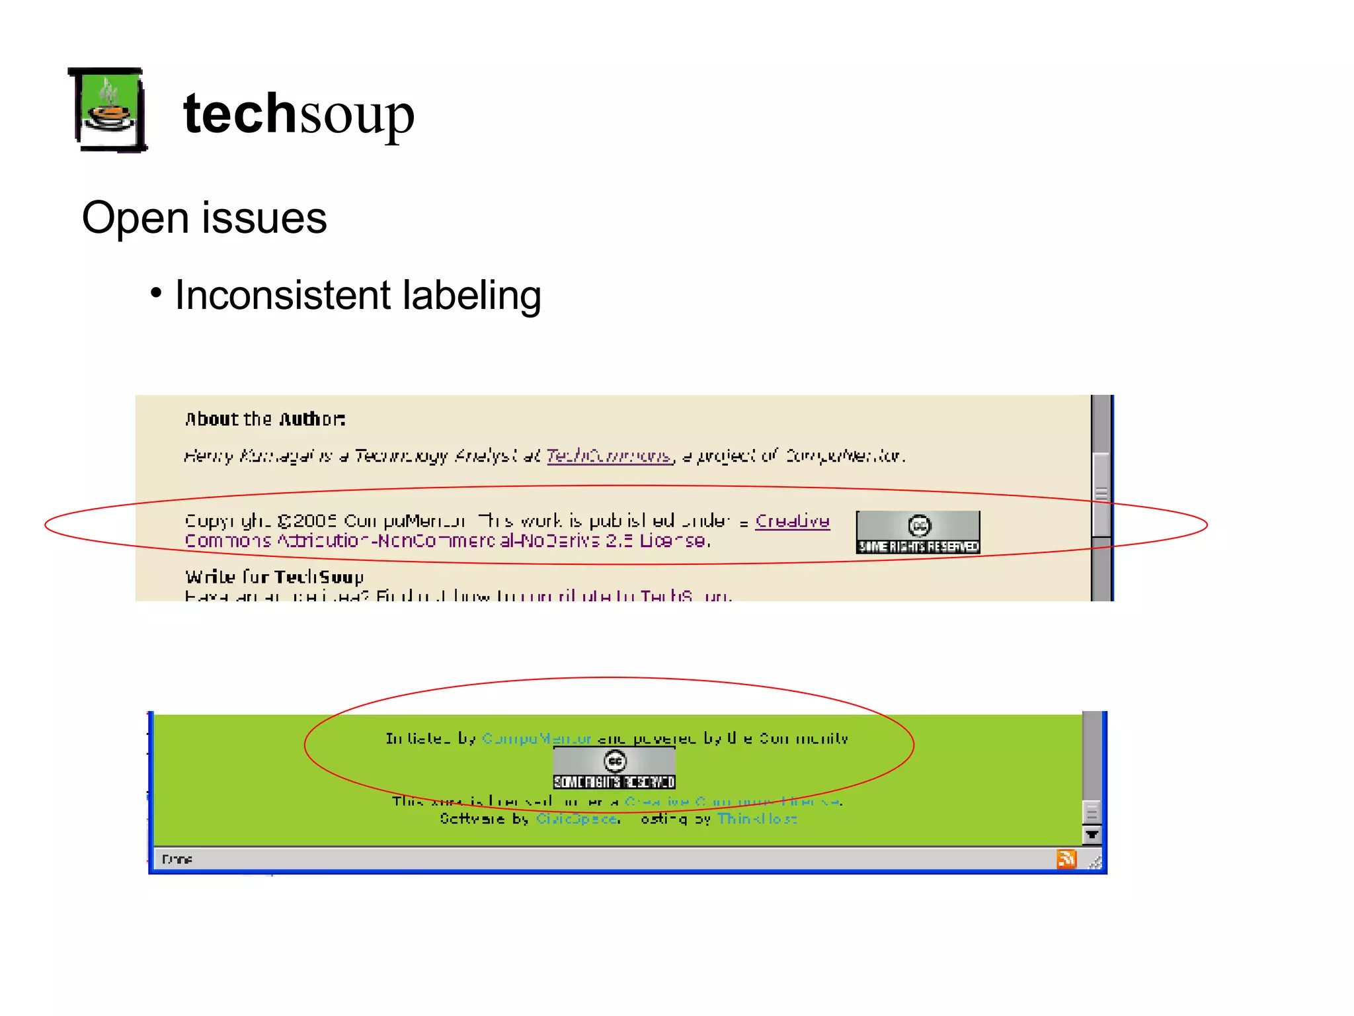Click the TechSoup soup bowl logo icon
(108, 110)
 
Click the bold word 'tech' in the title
(239, 114)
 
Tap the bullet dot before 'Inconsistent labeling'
(156, 292)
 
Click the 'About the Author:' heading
(264, 419)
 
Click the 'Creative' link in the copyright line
(792, 521)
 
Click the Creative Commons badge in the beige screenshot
(918, 532)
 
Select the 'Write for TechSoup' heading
(274, 577)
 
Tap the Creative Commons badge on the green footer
(614, 768)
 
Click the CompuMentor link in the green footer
(537, 739)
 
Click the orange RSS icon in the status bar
(1066, 859)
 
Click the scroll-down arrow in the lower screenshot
(1092, 835)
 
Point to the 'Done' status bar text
(177, 859)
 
